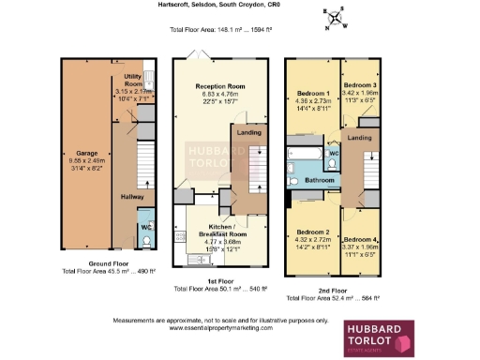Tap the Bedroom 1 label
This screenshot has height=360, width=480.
click(313, 94)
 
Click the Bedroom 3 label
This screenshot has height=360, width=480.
click(360, 85)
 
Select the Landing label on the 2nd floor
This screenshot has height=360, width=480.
click(359, 139)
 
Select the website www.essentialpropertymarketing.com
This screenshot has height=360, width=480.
click(221, 329)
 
